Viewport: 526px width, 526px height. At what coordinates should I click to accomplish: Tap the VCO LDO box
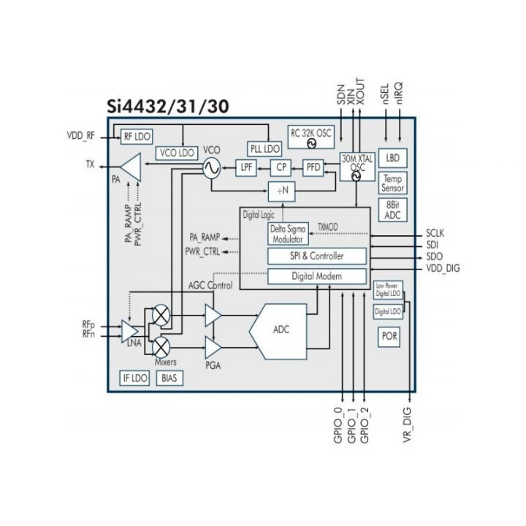pyautogui.click(x=177, y=152)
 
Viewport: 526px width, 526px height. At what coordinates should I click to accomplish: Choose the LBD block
pyautogui.click(x=393, y=158)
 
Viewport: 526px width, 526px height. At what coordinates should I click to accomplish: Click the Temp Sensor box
pyautogui.click(x=393, y=183)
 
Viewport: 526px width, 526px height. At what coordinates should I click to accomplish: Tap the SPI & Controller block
pyautogui.click(x=316, y=256)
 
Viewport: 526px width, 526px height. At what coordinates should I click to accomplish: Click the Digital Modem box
pyautogui.click(x=316, y=276)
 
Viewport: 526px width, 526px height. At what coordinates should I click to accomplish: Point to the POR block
pyautogui.click(x=389, y=337)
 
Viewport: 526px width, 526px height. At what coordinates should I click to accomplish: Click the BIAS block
pyautogui.click(x=169, y=378)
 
